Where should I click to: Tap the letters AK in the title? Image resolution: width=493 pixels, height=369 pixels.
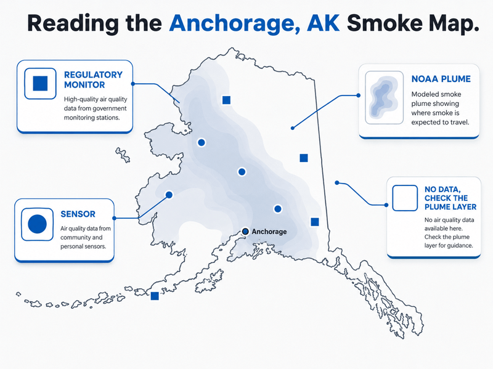coord(323,23)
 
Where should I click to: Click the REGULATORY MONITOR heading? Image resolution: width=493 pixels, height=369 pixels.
coord(93,79)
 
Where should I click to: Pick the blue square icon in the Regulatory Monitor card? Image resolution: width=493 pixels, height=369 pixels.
coord(40,83)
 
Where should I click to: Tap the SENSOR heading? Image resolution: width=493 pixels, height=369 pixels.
coord(78,214)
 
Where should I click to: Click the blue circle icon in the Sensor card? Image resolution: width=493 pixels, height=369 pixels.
coord(37,224)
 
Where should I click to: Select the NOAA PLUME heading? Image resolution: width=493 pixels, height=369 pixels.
coord(441,79)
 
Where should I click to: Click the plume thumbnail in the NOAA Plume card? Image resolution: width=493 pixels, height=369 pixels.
coord(384,97)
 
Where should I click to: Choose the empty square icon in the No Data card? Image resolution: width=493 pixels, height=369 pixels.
coord(405,198)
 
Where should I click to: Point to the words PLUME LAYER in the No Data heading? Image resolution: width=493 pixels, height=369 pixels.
coord(450,207)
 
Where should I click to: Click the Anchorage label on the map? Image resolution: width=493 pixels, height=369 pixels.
coord(269,232)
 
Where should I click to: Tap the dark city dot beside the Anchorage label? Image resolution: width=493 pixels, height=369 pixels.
coord(245,232)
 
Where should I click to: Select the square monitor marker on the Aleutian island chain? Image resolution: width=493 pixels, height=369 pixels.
coord(155,296)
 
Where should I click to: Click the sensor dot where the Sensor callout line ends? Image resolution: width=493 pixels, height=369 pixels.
coord(169,195)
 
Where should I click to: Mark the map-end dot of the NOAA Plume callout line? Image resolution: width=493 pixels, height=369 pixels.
coord(292,128)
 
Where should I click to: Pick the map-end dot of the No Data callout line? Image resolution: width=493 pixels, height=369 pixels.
coord(336,182)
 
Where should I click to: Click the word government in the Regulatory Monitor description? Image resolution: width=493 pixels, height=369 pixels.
coord(110,108)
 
